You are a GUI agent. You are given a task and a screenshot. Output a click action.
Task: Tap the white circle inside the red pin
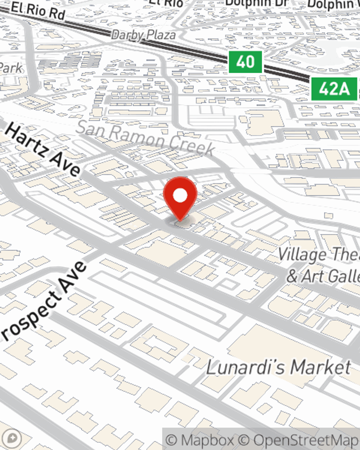pos(180,196)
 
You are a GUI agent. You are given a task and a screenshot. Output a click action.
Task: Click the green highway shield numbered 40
pos(246,62)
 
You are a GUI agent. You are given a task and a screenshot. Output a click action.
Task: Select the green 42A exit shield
pos(334,89)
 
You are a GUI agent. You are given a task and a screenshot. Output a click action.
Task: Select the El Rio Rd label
pos(37,10)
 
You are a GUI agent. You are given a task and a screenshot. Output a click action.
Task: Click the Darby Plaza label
pos(143,35)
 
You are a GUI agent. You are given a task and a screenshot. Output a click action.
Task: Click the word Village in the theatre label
pos(302,255)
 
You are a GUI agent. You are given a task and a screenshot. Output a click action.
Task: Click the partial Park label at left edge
pos(11,68)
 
